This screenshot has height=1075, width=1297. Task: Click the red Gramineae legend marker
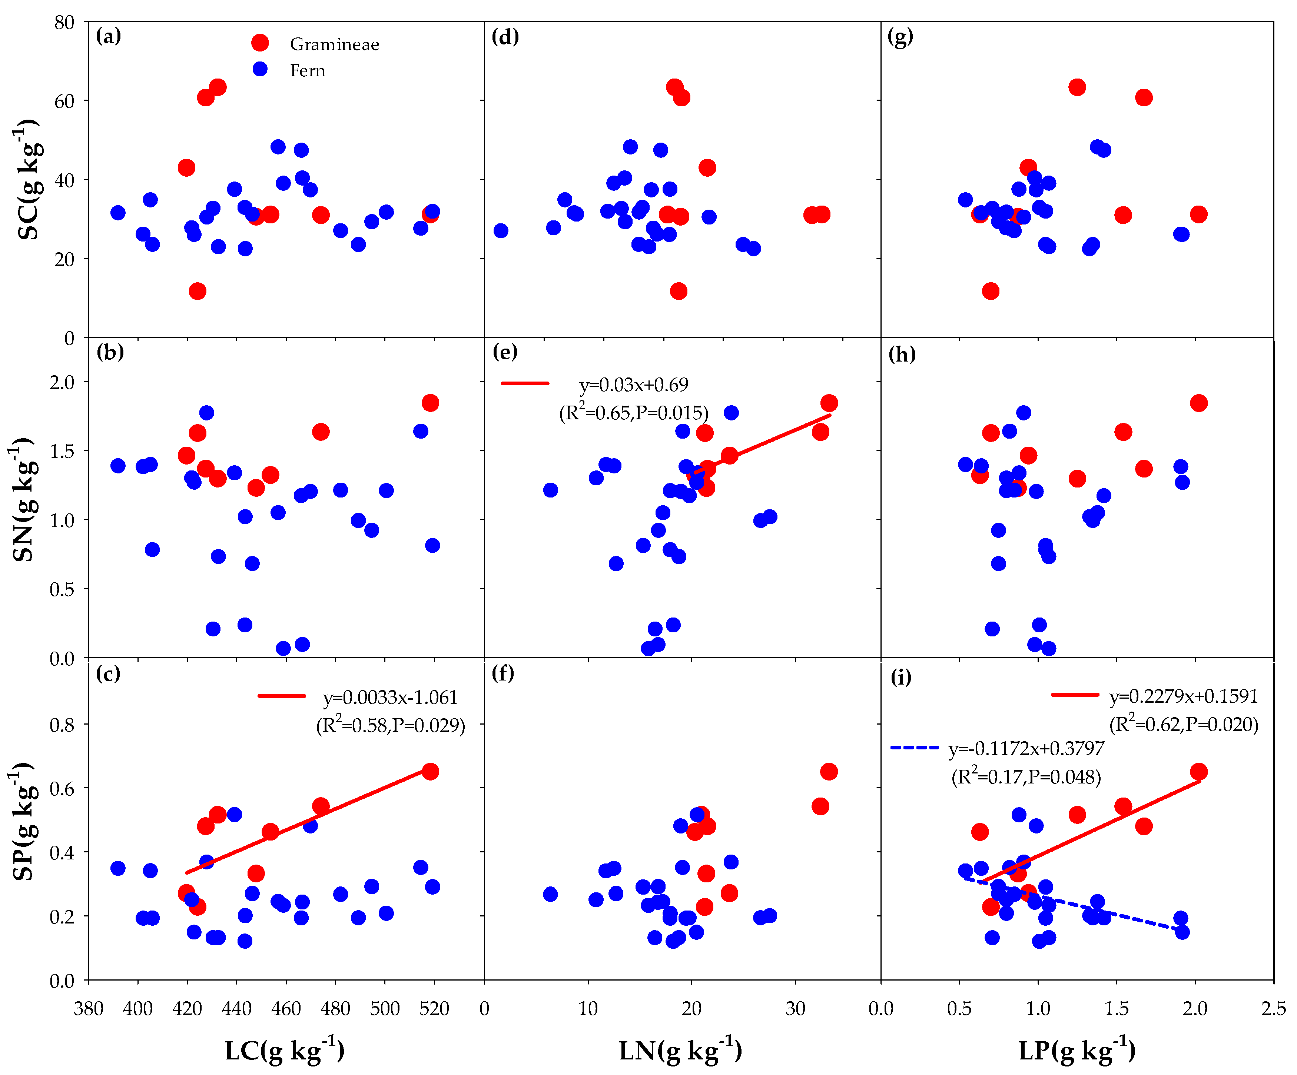pyautogui.click(x=260, y=43)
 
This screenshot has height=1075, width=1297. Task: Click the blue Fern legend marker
pyautogui.click(x=260, y=69)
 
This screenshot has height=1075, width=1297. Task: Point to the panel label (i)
pyautogui.click(x=900, y=678)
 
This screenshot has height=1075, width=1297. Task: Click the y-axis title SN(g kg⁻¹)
pyautogui.click(x=23, y=499)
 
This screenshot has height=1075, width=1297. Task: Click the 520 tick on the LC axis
pyautogui.click(x=434, y=1009)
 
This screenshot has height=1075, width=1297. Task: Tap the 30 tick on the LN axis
pyautogui.click(x=795, y=1009)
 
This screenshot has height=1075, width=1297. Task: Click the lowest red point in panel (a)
pyautogui.click(x=198, y=291)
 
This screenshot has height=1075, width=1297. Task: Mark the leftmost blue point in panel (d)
pyautogui.click(x=501, y=230)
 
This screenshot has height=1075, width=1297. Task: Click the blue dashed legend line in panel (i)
pyautogui.click(x=914, y=748)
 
